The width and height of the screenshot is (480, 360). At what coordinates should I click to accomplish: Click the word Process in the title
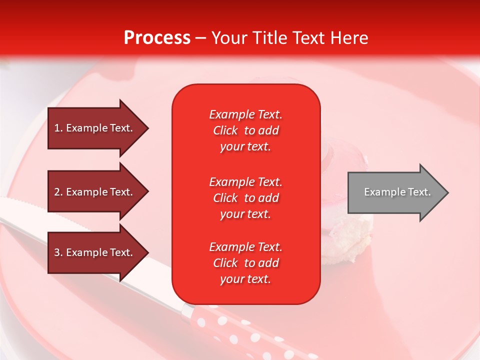click(157, 38)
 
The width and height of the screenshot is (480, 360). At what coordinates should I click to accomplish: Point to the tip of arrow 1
click(147, 128)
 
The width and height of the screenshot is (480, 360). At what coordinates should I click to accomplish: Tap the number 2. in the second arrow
click(58, 192)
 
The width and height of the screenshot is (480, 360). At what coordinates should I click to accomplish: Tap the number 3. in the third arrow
click(58, 252)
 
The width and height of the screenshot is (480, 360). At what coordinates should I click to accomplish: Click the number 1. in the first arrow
click(58, 128)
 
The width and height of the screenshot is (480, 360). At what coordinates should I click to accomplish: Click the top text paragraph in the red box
click(245, 130)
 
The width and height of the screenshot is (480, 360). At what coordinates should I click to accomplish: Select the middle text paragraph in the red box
click(245, 198)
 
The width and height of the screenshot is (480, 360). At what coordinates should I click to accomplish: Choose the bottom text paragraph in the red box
click(245, 263)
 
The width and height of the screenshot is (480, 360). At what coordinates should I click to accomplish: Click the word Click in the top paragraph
click(225, 130)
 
